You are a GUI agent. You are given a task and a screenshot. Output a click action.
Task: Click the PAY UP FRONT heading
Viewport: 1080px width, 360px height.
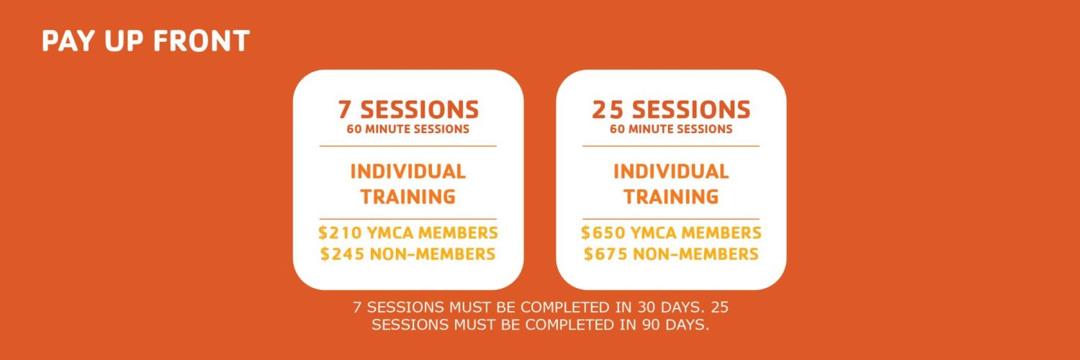coord(145,40)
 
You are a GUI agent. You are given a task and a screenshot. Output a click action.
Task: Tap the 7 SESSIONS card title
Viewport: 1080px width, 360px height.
coord(408,110)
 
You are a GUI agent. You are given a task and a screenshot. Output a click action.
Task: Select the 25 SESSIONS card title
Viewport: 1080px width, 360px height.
coord(671,110)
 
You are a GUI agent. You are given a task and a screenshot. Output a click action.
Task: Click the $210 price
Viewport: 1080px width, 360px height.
coord(340,233)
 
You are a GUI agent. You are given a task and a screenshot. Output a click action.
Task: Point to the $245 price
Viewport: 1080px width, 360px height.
coord(342,254)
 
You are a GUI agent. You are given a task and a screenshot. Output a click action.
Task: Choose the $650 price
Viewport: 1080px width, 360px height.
coord(603,233)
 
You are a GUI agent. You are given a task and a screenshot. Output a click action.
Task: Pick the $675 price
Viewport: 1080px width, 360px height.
coord(605,254)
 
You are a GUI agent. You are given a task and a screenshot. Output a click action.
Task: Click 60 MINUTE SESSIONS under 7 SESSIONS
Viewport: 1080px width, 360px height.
coord(408,129)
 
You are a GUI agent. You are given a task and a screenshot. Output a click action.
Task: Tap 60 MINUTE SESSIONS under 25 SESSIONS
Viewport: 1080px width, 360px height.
coord(671,129)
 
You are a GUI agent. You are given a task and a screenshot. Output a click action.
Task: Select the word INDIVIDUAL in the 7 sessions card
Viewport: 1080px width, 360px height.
coord(408,171)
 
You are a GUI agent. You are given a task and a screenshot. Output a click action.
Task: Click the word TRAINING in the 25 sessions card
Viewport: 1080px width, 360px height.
coord(671,197)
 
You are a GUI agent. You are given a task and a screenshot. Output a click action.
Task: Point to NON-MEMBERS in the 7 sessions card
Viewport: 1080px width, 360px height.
coord(433,254)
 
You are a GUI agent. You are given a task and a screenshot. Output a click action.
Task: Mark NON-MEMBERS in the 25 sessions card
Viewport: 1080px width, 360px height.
coord(696,254)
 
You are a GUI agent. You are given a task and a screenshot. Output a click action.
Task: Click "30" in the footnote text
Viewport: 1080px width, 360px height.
coord(647,307)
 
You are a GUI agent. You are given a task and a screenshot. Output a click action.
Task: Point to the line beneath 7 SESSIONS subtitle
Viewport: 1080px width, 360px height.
coord(408,145)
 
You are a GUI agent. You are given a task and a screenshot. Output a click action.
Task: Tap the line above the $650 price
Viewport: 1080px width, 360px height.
coord(671,219)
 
